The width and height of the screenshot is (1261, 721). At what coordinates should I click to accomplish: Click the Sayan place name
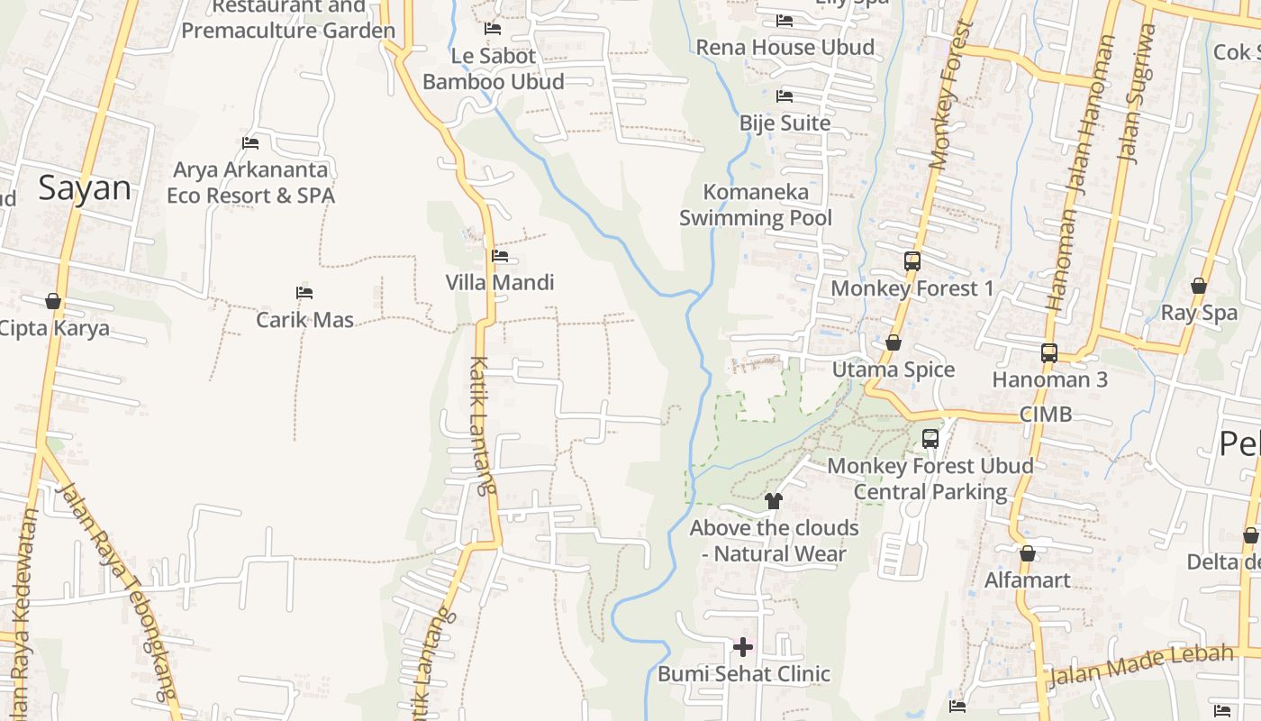pos(85,187)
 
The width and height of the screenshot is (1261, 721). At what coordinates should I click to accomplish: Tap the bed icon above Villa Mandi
pos(500,256)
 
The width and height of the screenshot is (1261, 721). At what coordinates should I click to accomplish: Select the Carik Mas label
pos(304,319)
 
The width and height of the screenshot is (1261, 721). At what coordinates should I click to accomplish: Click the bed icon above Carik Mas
pos(304,293)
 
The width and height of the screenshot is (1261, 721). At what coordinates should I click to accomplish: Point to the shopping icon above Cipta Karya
pos(53,301)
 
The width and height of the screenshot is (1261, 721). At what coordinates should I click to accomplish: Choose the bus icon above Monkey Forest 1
pos(912,261)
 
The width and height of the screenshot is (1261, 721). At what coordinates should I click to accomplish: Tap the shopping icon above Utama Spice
pos(894,343)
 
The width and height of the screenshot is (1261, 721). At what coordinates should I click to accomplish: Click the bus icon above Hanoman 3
pos(1049,353)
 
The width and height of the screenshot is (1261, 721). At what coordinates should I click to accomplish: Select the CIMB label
pos(1046,415)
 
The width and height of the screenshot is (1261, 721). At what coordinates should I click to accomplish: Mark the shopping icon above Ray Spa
pos(1199,286)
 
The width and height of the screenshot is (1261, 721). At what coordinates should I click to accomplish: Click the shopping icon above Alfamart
pos(1027,553)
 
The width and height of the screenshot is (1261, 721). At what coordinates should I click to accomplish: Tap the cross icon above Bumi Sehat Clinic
pos(743,646)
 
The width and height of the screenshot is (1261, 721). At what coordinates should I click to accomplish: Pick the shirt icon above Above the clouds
pos(773,501)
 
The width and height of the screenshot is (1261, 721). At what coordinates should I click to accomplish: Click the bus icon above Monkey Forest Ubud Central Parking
pos(930,439)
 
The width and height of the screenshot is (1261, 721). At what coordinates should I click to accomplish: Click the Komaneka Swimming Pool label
pos(756,205)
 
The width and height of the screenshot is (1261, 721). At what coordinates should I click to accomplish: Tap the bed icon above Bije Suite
pos(785,96)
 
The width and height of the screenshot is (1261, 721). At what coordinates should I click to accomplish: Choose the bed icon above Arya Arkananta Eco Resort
pos(250,143)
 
